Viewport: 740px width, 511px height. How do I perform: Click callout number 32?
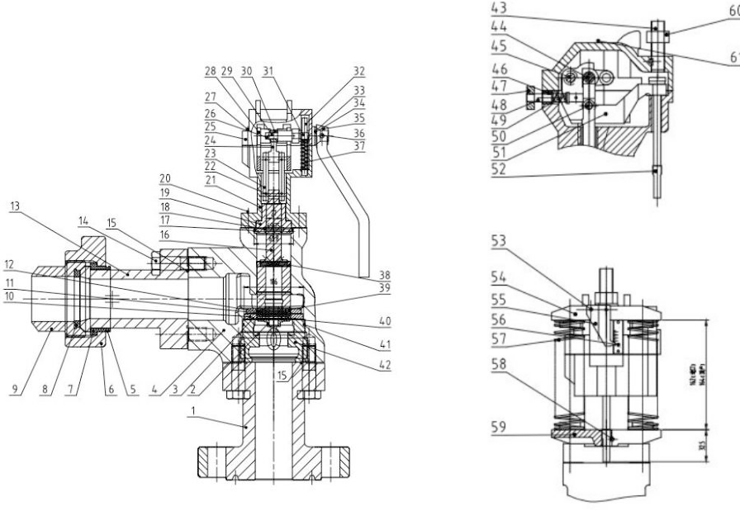358,71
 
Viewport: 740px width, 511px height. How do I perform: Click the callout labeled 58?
498,362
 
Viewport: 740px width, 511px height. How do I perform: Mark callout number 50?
498,137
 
